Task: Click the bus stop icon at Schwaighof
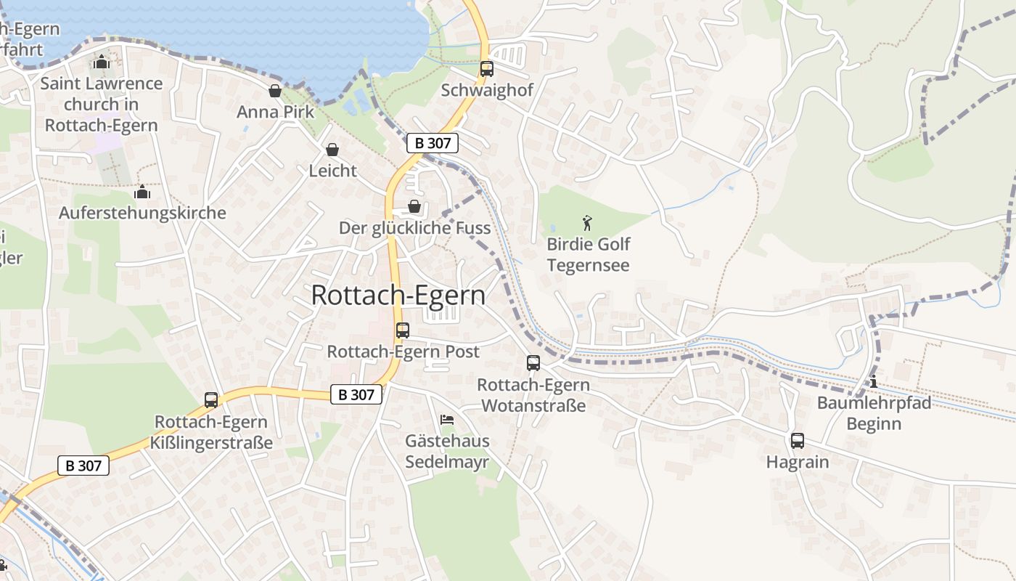pos(486,69)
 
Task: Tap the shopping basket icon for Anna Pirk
pos(275,91)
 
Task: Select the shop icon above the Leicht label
pos(332,150)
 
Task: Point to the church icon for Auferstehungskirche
pos(142,192)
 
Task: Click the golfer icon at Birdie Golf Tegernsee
pos(587,223)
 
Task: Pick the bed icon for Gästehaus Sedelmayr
pos(447,420)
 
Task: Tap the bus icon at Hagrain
pos(797,440)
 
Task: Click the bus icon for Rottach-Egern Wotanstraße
pos(533,363)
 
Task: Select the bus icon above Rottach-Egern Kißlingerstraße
pos(211,400)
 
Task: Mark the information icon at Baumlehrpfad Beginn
pos(873,382)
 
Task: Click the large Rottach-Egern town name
pos(398,296)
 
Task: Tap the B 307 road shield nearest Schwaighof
pos(433,143)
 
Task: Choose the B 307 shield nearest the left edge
pos(83,466)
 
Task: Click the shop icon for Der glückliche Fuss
pos(414,207)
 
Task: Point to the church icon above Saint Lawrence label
pos(102,62)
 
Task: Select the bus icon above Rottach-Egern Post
pos(403,330)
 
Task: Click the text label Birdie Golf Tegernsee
pos(588,254)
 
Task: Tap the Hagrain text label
pos(797,462)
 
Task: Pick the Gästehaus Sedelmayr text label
pos(447,451)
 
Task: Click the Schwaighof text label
pos(487,90)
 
